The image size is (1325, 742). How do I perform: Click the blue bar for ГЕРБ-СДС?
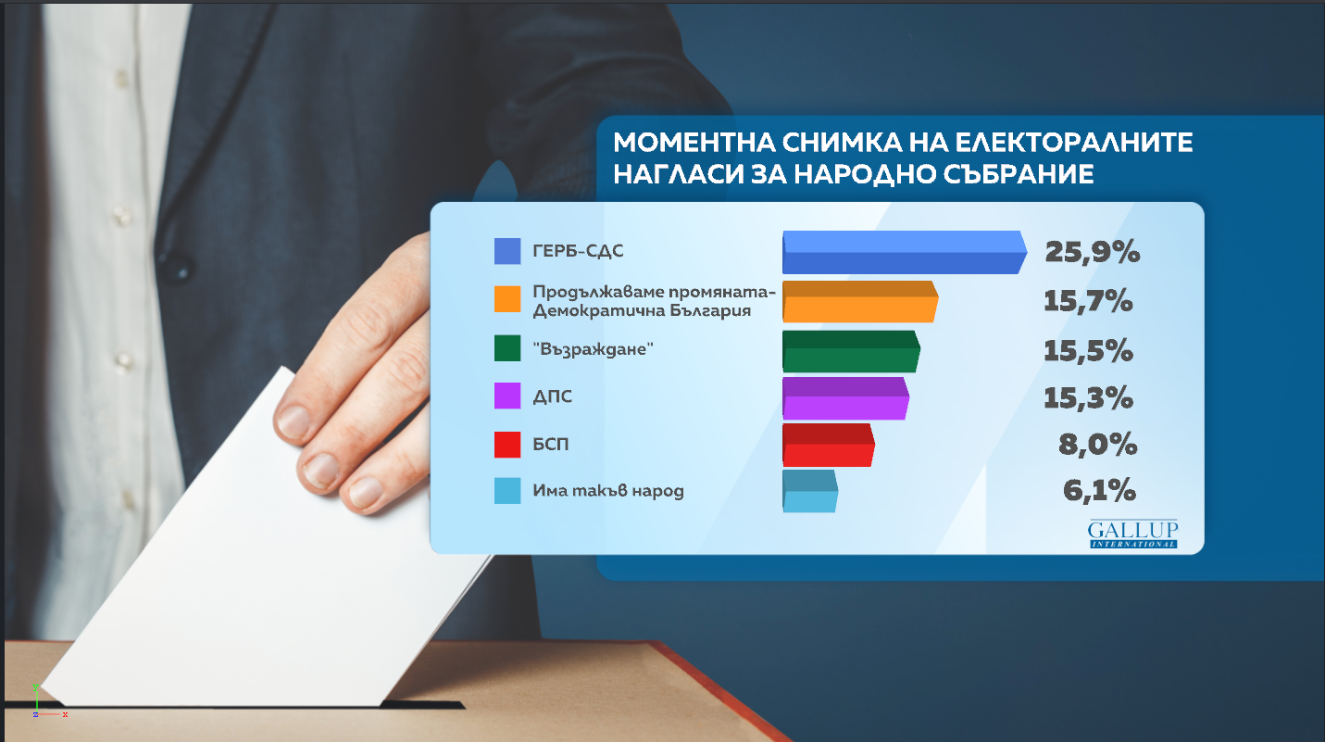click(905, 252)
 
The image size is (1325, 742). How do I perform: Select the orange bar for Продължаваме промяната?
click(860, 301)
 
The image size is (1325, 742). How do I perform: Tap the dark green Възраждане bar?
click(851, 351)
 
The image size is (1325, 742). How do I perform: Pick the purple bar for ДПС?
click(845, 398)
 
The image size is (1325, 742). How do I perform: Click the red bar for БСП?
click(828, 445)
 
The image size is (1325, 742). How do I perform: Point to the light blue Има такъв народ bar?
click(810, 491)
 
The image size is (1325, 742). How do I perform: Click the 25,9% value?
click(1092, 253)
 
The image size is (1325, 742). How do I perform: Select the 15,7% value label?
click(1088, 302)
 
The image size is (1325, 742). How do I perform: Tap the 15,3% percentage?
click(1088, 397)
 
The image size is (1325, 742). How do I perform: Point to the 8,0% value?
click(1098, 445)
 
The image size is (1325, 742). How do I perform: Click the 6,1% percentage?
click(1099, 491)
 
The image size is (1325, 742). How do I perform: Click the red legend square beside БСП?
click(507, 445)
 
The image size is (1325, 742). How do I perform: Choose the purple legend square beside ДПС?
click(507, 396)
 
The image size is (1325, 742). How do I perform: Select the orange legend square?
click(507, 299)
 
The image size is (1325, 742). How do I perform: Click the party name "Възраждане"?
click(593, 349)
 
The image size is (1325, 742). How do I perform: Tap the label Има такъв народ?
click(608, 491)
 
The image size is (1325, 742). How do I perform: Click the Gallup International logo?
click(1132, 534)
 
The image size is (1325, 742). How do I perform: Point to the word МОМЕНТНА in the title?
click(694, 143)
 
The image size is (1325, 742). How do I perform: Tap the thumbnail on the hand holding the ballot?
click(294, 421)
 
